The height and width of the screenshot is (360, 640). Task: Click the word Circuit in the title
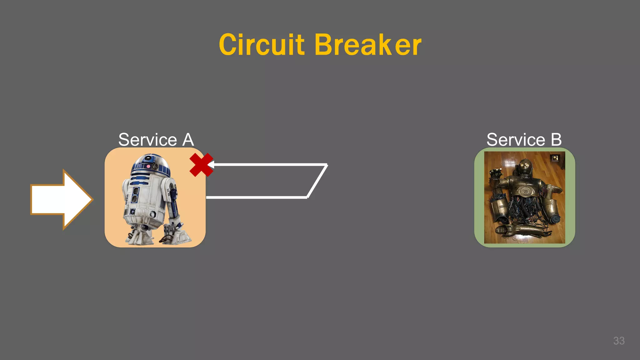[x=261, y=45]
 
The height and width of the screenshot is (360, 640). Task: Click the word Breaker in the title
[x=368, y=45]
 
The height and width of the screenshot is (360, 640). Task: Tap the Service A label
[x=156, y=139]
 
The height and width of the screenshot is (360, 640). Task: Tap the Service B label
[x=524, y=139]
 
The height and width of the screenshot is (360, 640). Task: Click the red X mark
[x=201, y=165]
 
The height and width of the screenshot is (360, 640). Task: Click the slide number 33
[x=619, y=341]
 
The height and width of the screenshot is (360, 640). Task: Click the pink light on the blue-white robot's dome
[x=148, y=167]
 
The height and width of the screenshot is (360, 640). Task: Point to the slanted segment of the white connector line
[x=317, y=181]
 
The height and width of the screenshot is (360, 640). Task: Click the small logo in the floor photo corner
[x=555, y=158]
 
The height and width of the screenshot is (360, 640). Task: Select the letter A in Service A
[x=188, y=139]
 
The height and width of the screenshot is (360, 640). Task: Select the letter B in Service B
[x=556, y=139]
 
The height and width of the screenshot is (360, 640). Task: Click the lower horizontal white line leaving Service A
[x=256, y=197]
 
